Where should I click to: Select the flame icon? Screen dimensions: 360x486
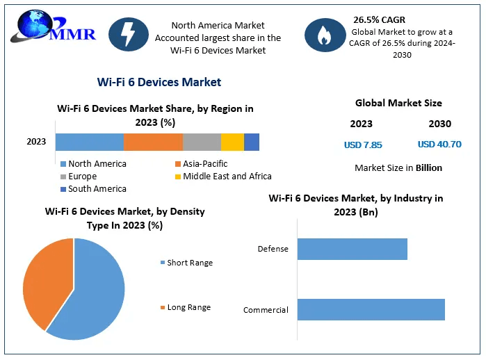[324, 35]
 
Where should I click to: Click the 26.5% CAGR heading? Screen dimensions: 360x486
[379, 19]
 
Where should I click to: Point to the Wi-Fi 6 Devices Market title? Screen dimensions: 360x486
[159, 82]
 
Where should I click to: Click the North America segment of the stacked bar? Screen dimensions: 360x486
[89, 142]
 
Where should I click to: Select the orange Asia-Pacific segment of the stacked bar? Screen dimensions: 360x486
[153, 142]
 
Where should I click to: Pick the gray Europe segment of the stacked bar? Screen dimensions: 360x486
[202, 142]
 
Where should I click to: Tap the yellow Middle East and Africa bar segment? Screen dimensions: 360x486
[232, 142]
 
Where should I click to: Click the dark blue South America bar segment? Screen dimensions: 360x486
[252, 142]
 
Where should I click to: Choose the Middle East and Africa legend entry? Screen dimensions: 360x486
[222, 177]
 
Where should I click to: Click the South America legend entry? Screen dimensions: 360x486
[93, 189]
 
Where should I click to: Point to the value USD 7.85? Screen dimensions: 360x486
[363, 145]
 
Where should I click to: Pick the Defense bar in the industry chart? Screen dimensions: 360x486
[353, 249]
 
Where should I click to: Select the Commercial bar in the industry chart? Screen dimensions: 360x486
[371, 309]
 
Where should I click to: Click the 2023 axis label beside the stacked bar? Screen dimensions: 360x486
[36, 142]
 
